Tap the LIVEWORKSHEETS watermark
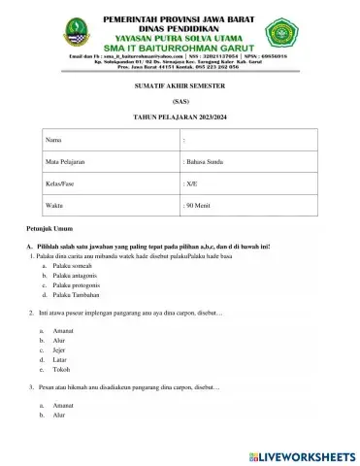point(301,454)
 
